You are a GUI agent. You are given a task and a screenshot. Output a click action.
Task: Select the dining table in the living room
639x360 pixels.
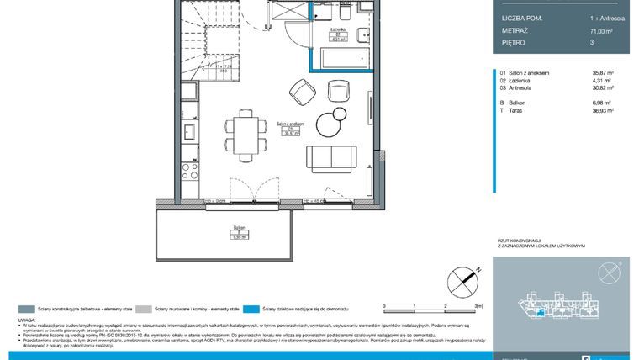246,132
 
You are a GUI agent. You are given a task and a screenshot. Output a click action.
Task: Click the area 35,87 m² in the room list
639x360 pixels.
603,73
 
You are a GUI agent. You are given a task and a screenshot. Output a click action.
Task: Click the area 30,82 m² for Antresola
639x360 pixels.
603,87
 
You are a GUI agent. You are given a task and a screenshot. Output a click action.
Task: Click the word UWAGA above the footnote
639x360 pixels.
27,320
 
